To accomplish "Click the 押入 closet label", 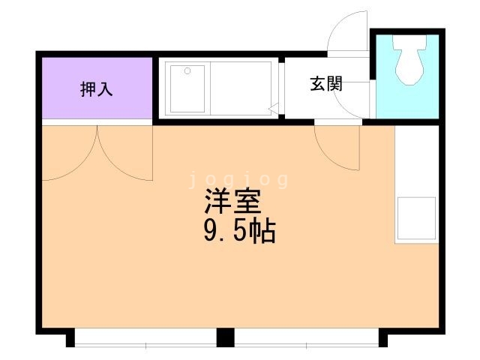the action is (x=97, y=89).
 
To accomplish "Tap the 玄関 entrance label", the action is (x=326, y=83).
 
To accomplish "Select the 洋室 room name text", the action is (x=233, y=201).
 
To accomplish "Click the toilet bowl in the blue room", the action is (x=409, y=59).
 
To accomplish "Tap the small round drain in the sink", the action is (x=187, y=71).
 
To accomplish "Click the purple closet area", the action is (x=97, y=88).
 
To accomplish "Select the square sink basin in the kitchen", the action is (x=187, y=88).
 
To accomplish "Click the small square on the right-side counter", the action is (x=416, y=218).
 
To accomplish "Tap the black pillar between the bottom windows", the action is (x=225, y=337).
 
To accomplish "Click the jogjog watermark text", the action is (x=238, y=180).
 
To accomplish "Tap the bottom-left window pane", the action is (x=145, y=337).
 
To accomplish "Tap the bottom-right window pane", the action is (x=307, y=337).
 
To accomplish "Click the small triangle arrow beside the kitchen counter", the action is (x=273, y=108).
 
